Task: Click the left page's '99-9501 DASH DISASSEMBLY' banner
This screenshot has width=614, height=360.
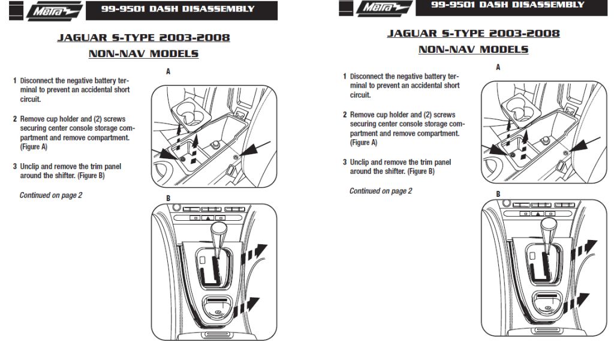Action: tap(177, 9)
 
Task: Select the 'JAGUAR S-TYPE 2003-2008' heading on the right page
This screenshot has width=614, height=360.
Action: tap(473, 33)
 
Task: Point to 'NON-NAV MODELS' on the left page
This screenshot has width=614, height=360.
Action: tap(143, 54)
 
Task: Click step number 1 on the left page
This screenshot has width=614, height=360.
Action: tap(15, 80)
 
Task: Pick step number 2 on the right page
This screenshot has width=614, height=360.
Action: tap(345, 115)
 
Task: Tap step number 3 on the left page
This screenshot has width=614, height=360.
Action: tap(15, 166)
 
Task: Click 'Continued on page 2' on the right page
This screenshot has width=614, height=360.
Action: tap(381, 191)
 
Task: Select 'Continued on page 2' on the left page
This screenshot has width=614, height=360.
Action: tap(51, 195)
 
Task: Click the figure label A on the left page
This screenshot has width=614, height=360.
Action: tap(168, 71)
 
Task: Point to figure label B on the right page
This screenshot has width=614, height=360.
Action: tap(498, 194)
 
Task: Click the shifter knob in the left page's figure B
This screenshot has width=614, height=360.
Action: tap(217, 230)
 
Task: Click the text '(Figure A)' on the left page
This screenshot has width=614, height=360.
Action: tap(34, 146)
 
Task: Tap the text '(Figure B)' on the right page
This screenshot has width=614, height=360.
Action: tap(421, 171)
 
